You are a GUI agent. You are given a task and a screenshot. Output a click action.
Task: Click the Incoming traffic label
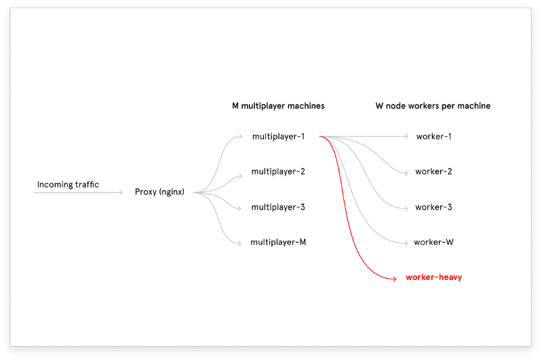click(68, 184)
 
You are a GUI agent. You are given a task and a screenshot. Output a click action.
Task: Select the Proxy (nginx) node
click(159, 192)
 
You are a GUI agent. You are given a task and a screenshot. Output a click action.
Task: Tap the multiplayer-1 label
click(278, 136)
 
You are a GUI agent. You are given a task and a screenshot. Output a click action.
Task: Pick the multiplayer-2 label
click(278, 172)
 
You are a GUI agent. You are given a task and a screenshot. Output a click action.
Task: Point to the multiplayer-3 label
click(278, 207)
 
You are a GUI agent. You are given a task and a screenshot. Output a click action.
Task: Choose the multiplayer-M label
click(278, 242)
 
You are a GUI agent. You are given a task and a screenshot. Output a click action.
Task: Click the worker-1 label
click(434, 136)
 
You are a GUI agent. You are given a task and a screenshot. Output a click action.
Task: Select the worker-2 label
click(433, 172)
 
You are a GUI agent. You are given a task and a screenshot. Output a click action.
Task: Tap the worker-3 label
click(433, 207)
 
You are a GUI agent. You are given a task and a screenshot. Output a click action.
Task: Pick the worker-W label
click(433, 242)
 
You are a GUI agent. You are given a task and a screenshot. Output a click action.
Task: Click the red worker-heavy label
click(433, 277)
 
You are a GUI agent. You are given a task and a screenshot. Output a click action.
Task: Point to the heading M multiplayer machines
click(278, 106)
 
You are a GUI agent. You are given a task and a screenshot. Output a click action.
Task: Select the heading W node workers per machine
click(433, 106)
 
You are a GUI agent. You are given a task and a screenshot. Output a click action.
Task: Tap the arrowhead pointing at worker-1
click(407, 136)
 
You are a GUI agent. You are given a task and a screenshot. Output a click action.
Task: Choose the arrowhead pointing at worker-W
click(407, 242)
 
